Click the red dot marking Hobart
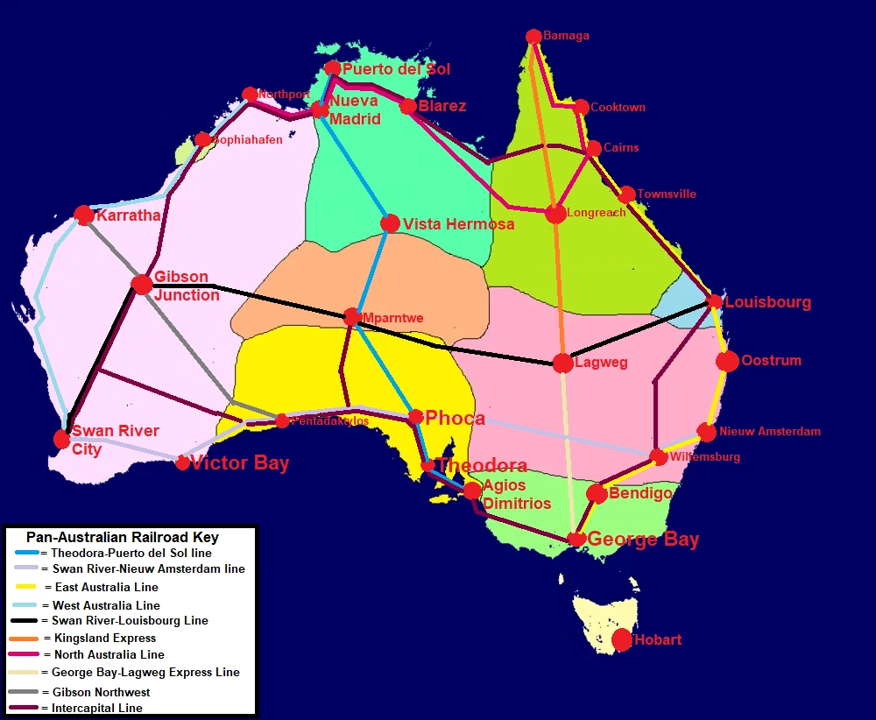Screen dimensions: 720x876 (x=622, y=640)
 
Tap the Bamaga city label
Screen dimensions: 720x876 (x=566, y=36)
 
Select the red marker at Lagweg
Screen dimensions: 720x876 (x=563, y=363)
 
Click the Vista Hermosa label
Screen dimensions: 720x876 (x=458, y=224)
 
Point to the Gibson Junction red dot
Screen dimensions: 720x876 (x=142, y=284)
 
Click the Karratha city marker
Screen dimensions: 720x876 (x=84, y=215)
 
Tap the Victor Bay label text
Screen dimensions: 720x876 (x=239, y=463)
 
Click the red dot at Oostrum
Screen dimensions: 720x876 (x=727, y=361)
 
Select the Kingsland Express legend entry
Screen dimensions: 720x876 (x=104, y=638)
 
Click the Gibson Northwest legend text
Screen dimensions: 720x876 (x=101, y=692)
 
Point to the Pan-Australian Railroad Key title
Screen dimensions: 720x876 (x=123, y=537)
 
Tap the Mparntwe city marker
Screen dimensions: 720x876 (x=352, y=316)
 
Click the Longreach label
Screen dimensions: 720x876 (x=597, y=213)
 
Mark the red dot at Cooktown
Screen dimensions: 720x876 (x=581, y=108)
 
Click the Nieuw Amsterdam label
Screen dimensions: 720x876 (x=770, y=431)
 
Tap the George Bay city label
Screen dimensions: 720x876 (x=643, y=539)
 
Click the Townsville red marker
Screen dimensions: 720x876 (x=627, y=194)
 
